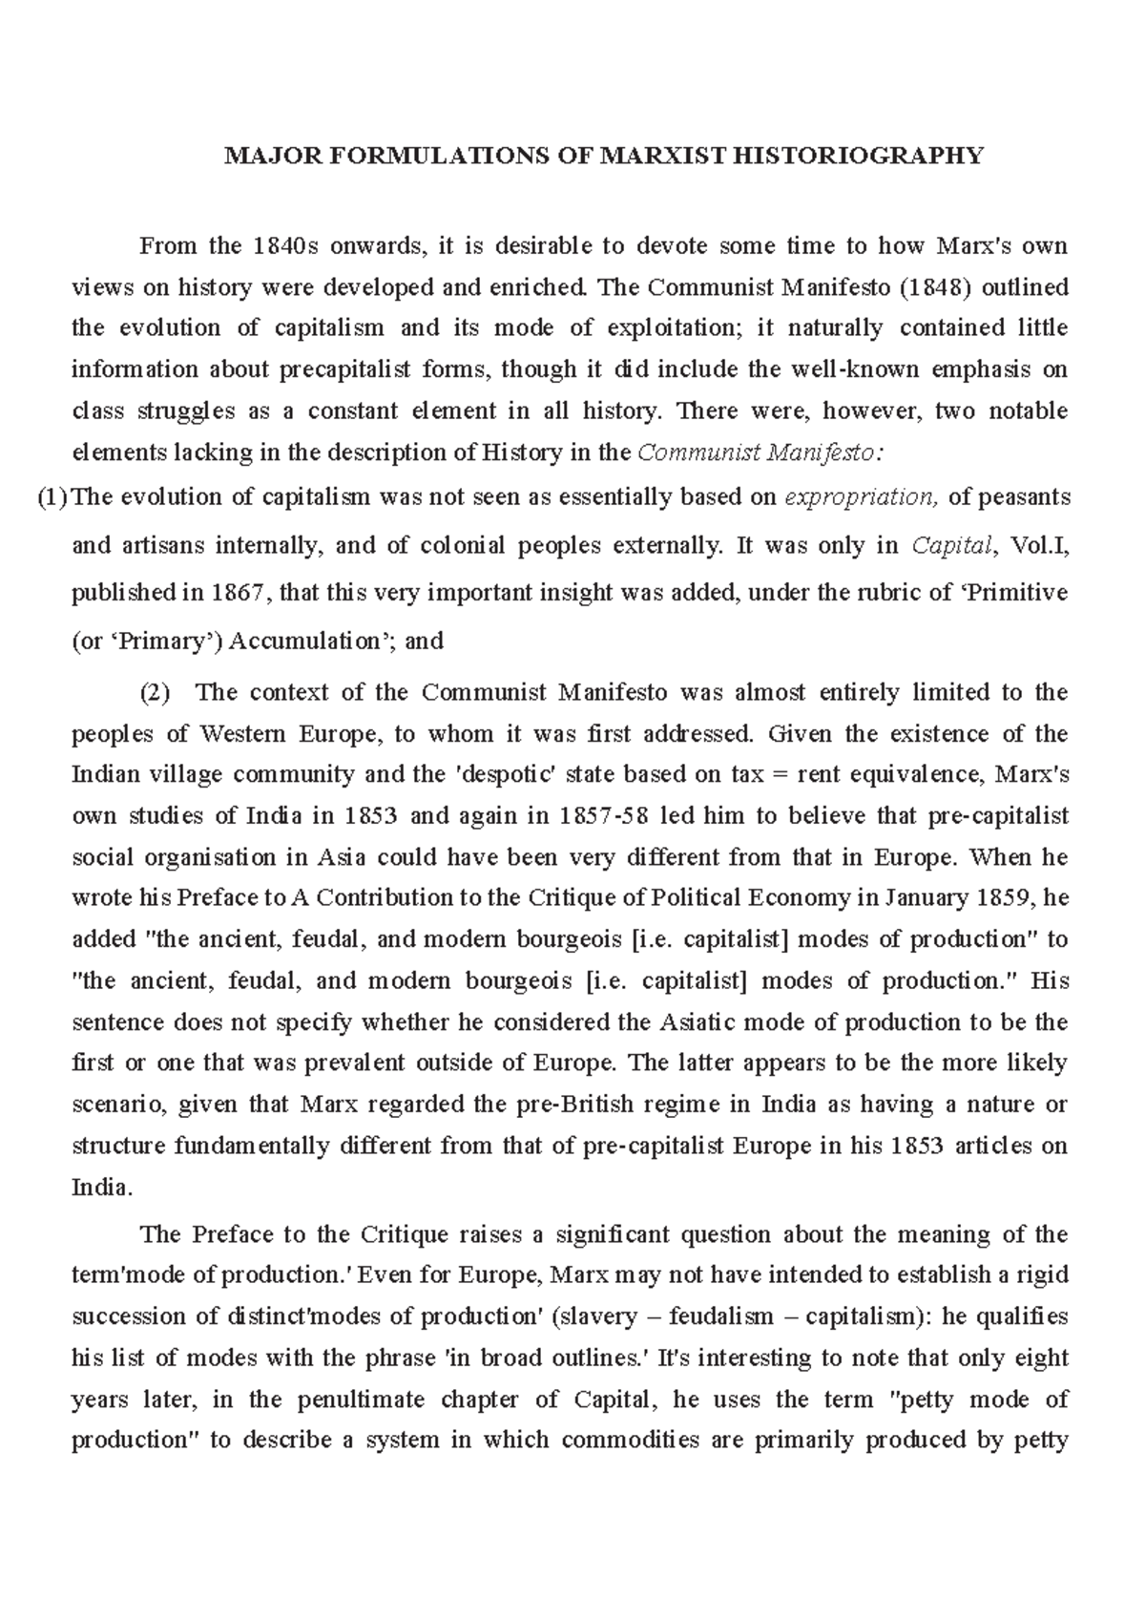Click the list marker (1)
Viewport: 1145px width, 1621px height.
(53, 497)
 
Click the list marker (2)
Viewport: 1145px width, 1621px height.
(156, 693)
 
